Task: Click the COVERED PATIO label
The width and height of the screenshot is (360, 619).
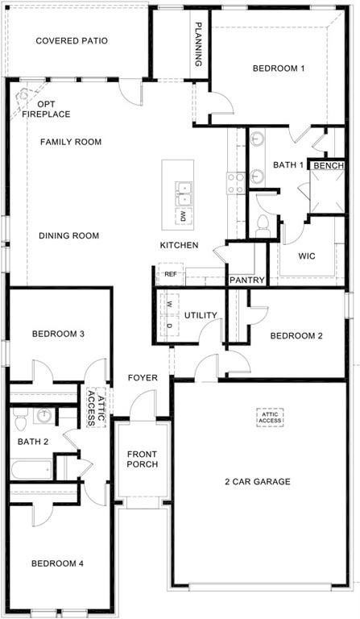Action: (72, 40)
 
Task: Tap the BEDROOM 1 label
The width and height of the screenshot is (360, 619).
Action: (279, 69)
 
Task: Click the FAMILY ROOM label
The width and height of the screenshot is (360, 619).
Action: (71, 142)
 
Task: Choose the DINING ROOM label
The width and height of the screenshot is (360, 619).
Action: (68, 236)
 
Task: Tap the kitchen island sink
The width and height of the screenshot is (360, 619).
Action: (184, 194)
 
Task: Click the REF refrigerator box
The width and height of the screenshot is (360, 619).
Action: (170, 274)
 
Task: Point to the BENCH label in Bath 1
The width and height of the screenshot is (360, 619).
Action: (329, 166)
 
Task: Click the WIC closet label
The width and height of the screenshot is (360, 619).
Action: (306, 256)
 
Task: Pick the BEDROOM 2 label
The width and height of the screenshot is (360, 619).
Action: (296, 335)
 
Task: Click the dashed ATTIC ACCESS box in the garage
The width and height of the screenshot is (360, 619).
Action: (271, 417)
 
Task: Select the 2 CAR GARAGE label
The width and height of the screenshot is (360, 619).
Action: (258, 482)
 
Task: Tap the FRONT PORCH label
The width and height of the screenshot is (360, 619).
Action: (142, 459)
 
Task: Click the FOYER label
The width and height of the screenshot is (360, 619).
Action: (143, 378)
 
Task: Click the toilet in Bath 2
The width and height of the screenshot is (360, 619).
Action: (21, 419)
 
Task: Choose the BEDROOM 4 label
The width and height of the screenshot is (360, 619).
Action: (57, 563)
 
